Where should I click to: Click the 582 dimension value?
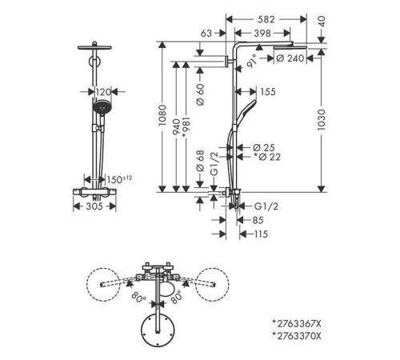pos(266,19)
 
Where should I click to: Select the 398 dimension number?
pos(262,34)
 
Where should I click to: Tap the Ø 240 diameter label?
pos(290,58)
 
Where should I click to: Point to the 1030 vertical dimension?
pos(322,120)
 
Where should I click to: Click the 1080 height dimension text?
pos(162,115)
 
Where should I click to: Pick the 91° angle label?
pos(251,61)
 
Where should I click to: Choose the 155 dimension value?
pos(268,92)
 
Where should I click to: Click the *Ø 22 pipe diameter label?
pos(267,157)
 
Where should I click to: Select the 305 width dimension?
pos(94,206)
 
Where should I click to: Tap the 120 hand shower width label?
pos(103,92)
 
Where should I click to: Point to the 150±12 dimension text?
pos(119,179)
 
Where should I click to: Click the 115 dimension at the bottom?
pos(261,234)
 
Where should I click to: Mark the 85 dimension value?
pos(258,220)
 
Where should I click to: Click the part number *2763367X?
pos(297,324)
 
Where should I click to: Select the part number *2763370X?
pos(297,336)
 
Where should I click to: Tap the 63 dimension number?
pos(206,34)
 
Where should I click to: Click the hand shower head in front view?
pos(102,108)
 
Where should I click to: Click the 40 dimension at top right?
pos(322,22)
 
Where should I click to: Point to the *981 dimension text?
pos(186,127)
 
